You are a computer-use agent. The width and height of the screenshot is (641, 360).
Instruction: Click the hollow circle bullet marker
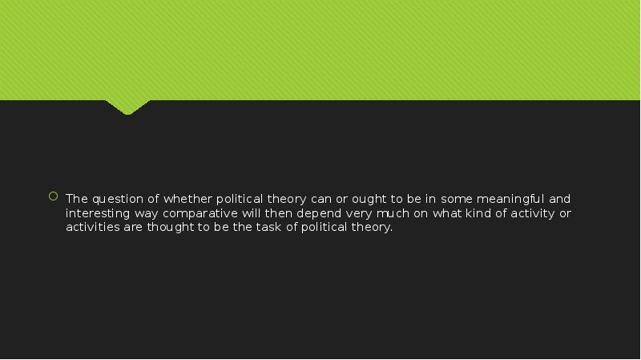[x=53, y=196]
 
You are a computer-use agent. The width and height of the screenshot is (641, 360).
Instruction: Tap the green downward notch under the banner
[x=127, y=107]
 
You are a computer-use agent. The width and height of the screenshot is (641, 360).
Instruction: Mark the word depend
[x=319, y=213]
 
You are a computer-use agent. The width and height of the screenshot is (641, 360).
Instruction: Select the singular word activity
[x=533, y=213]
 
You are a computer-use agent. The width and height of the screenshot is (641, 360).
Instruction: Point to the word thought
[x=170, y=227]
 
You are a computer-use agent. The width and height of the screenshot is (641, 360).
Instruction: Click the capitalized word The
[x=77, y=199]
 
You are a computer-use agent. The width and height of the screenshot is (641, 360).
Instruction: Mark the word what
[x=446, y=213]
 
